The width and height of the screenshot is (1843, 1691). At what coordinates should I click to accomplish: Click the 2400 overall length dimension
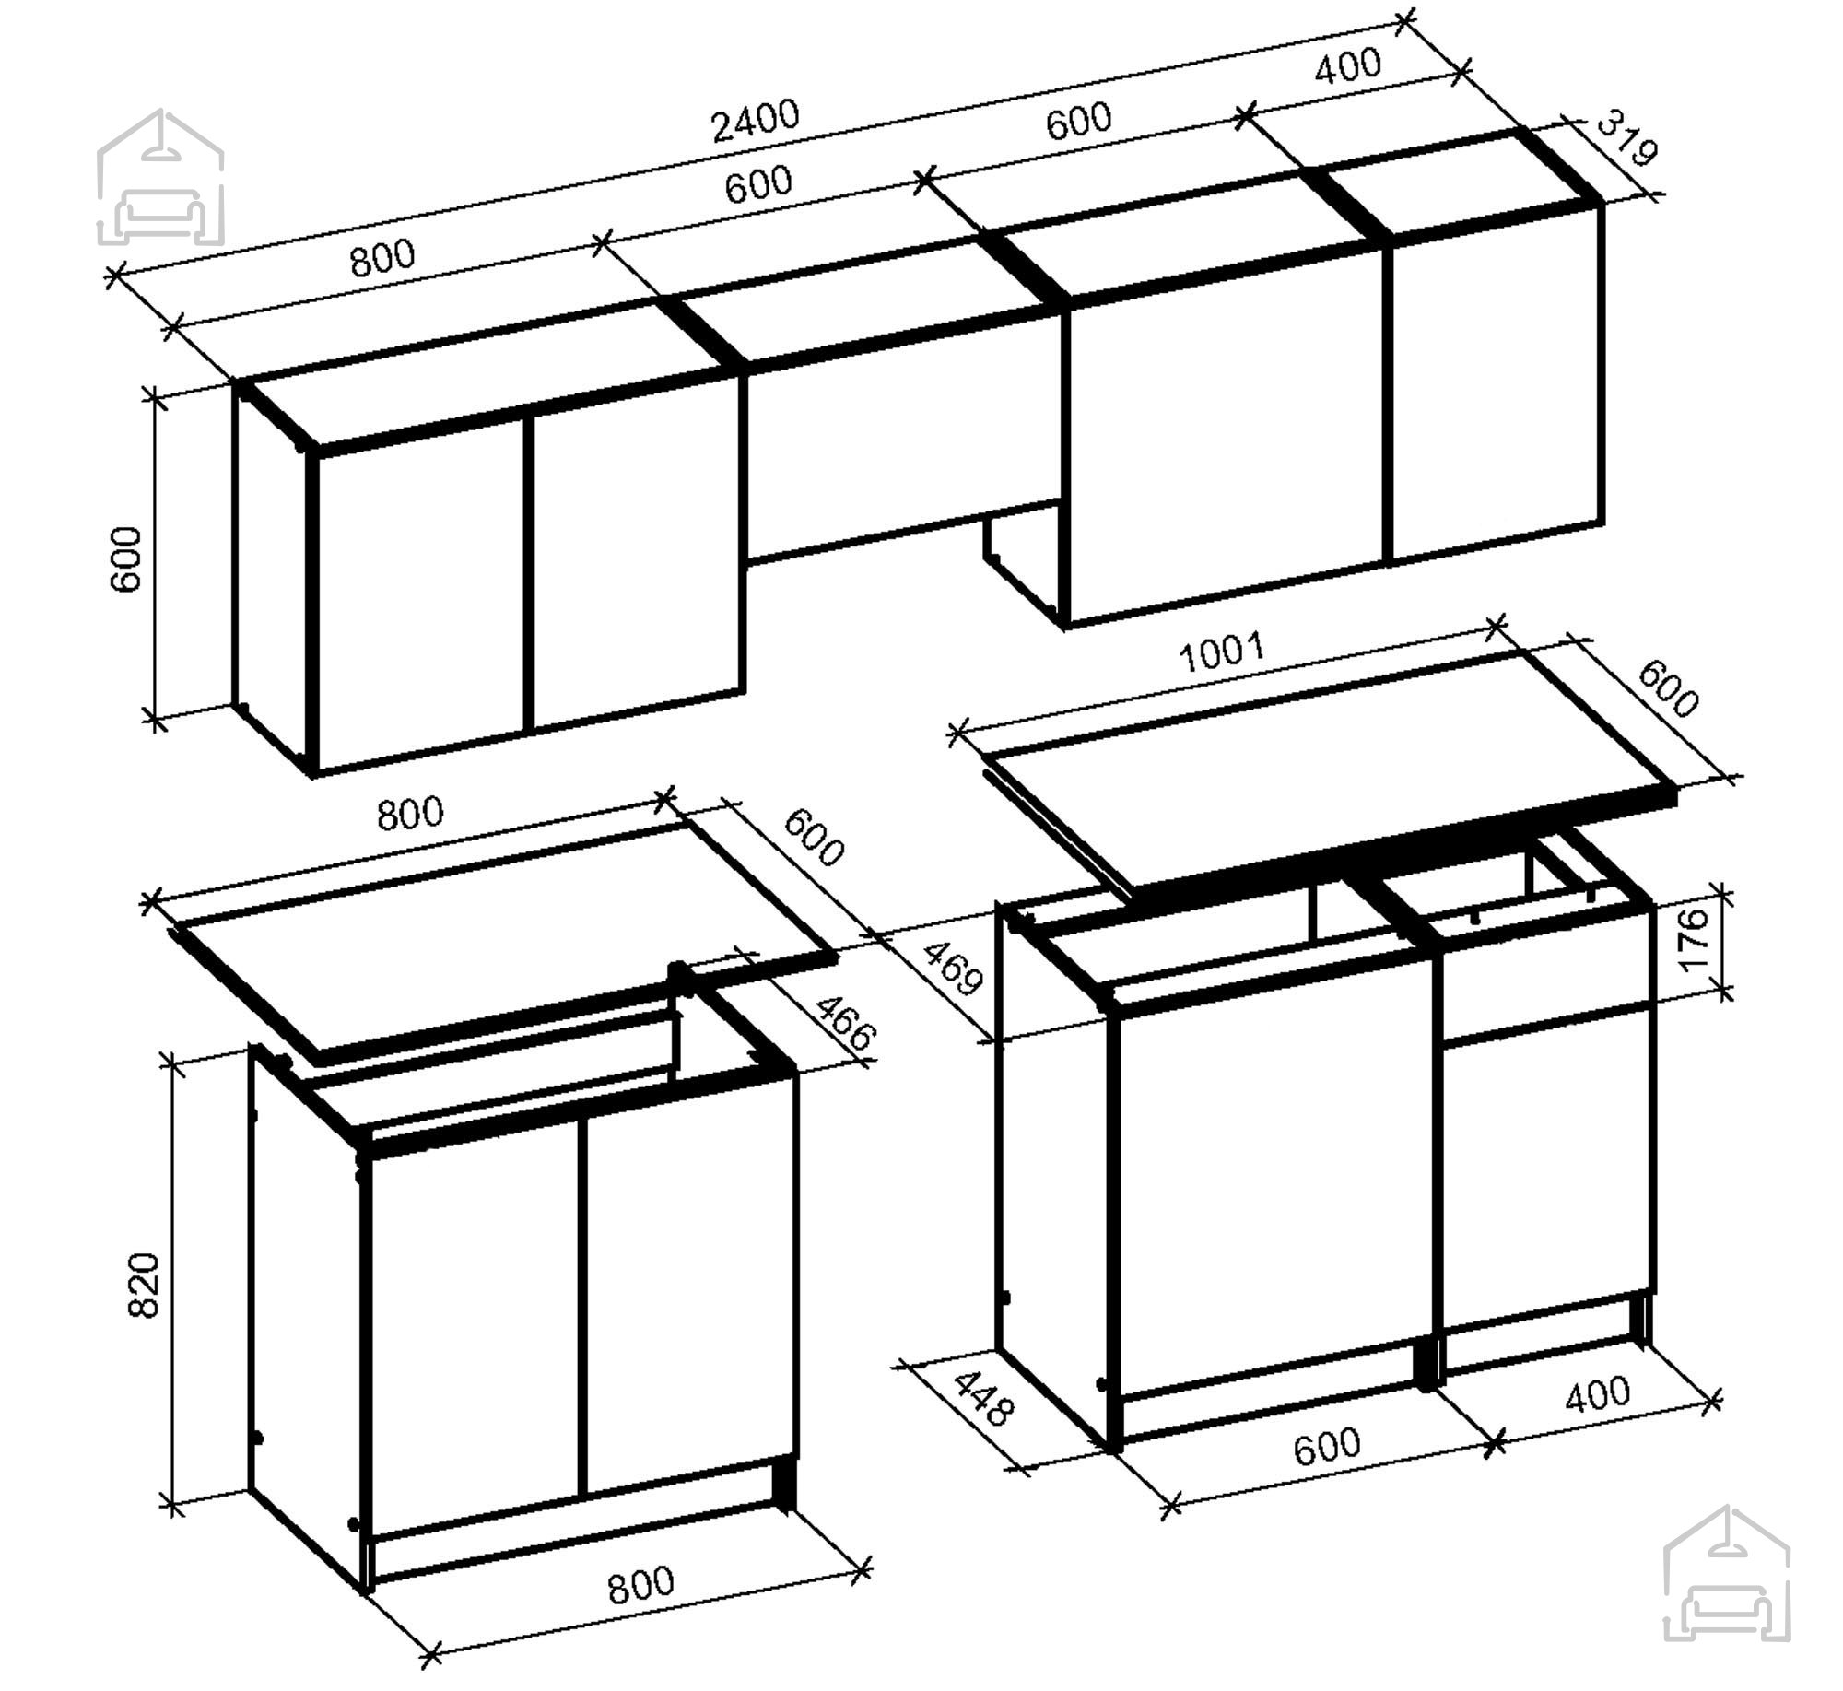[756, 122]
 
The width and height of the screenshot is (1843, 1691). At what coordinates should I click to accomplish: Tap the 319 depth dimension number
[1626, 138]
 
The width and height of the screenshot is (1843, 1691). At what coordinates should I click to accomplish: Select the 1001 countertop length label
[1223, 653]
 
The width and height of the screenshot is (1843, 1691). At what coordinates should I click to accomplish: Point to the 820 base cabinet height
[144, 1284]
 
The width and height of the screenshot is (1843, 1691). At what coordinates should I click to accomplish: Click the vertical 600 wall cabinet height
[126, 559]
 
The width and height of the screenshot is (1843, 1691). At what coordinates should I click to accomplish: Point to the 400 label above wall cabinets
[1347, 66]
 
